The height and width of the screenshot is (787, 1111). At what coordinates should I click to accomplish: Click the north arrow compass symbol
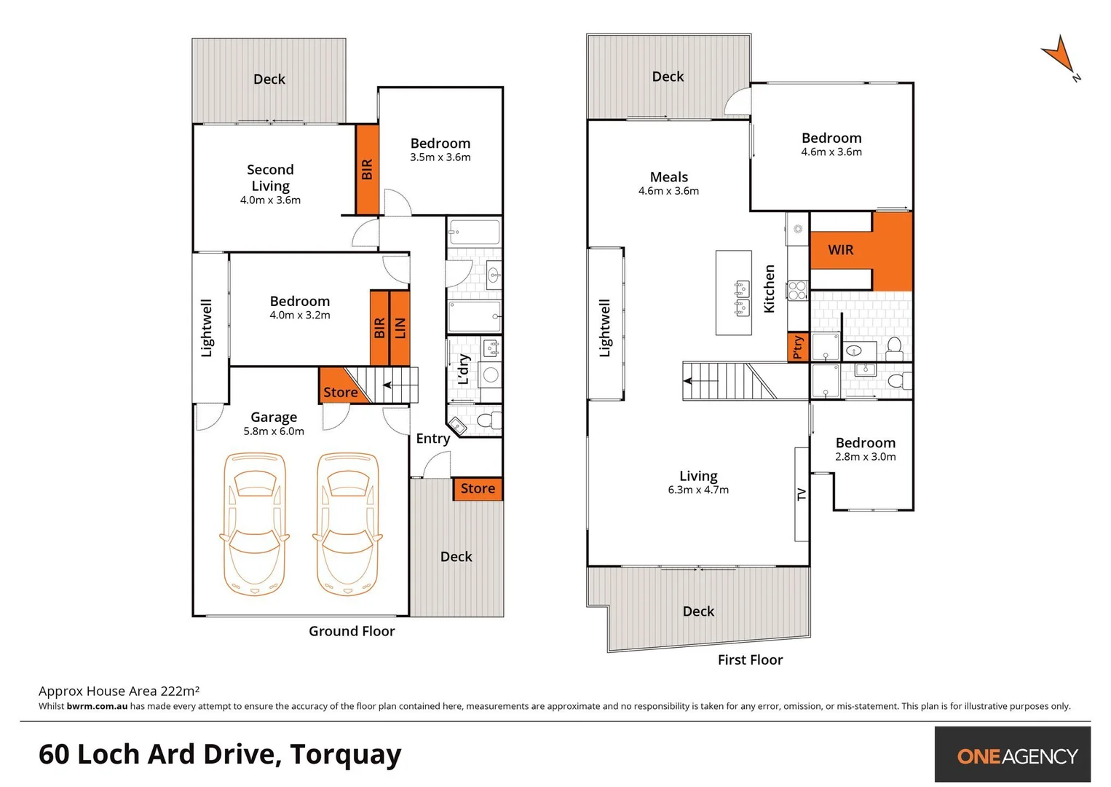coord(1059,57)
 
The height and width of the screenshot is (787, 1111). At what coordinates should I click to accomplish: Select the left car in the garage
coord(254,523)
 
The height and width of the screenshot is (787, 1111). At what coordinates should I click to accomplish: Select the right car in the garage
coord(347,523)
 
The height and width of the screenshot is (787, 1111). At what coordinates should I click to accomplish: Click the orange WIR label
coord(840,250)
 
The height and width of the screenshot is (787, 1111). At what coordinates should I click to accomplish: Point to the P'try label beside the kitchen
coord(798,347)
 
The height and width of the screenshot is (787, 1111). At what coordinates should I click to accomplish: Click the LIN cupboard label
coord(400,328)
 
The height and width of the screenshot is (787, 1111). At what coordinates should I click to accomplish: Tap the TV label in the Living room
coord(802,495)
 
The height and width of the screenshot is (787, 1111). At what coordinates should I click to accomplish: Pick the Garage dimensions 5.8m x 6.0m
coord(274,431)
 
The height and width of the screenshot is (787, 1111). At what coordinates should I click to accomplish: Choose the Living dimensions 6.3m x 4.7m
coord(698,490)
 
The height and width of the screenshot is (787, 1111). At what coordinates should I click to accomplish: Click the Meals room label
coord(668,177)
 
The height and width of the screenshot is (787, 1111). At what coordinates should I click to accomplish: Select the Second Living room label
coord(270,178)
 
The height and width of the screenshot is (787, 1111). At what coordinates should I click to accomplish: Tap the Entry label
coord(432,439)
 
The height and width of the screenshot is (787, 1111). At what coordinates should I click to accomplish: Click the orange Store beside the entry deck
coord(478,489)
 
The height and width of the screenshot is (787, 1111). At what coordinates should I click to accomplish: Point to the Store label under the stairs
coord(340,393)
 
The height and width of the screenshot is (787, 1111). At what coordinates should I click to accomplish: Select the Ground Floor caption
coord(352,631)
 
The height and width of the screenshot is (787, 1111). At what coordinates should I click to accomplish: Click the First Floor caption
coord(750,659)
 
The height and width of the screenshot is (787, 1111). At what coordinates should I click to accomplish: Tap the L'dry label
coord(464,369)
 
